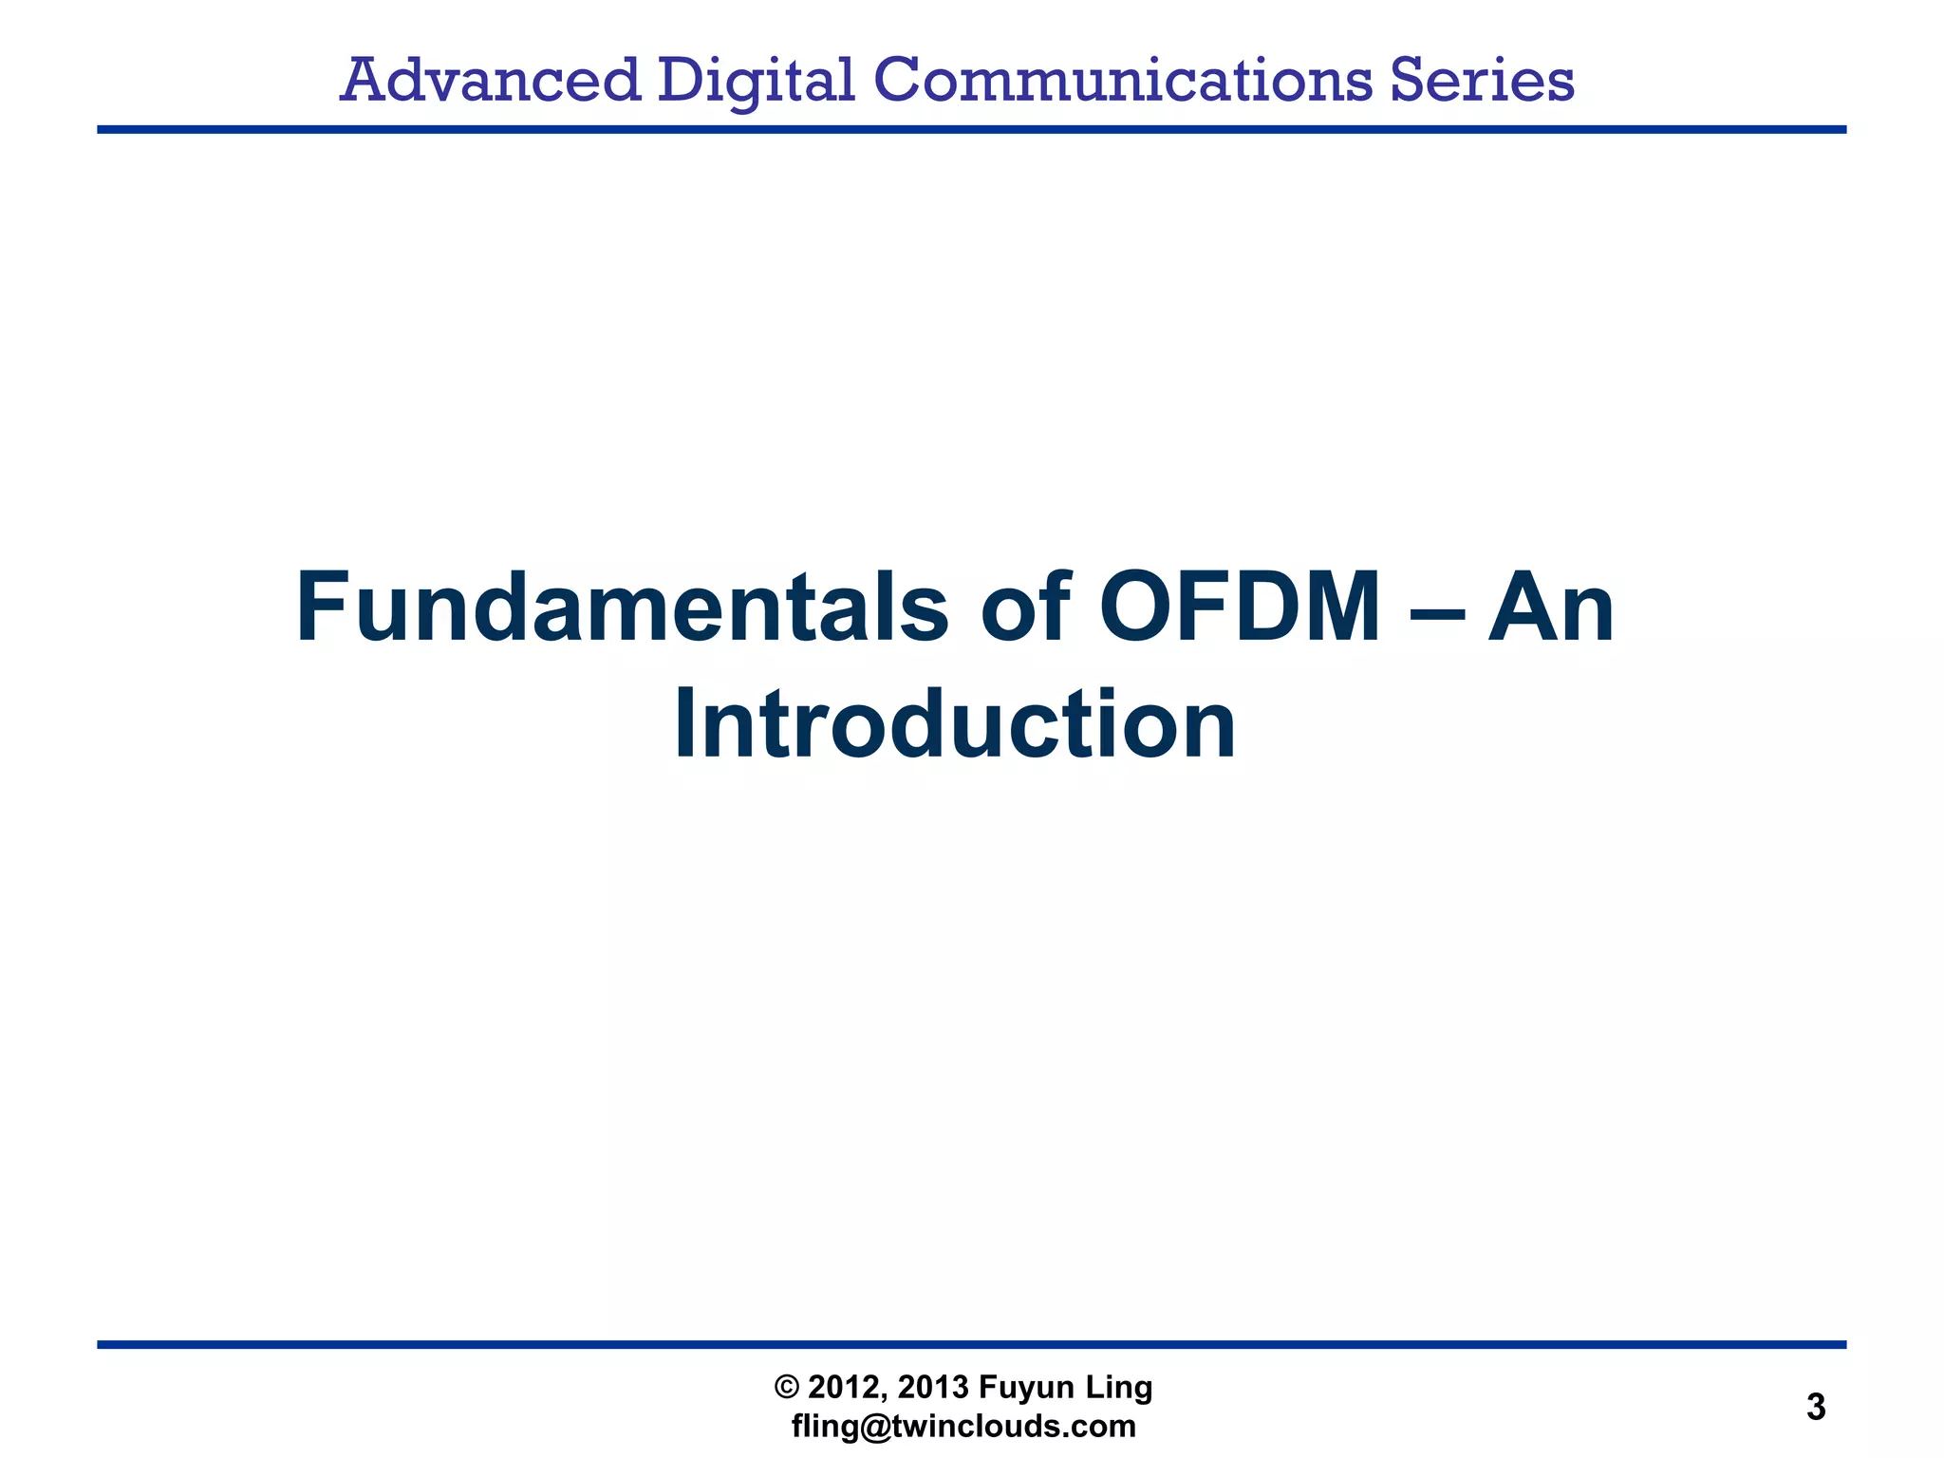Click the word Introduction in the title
[955, 725]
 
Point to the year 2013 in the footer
[934, 1388]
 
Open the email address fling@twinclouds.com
[963, 1427]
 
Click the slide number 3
[1816, 1407]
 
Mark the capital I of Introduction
[685, 725]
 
